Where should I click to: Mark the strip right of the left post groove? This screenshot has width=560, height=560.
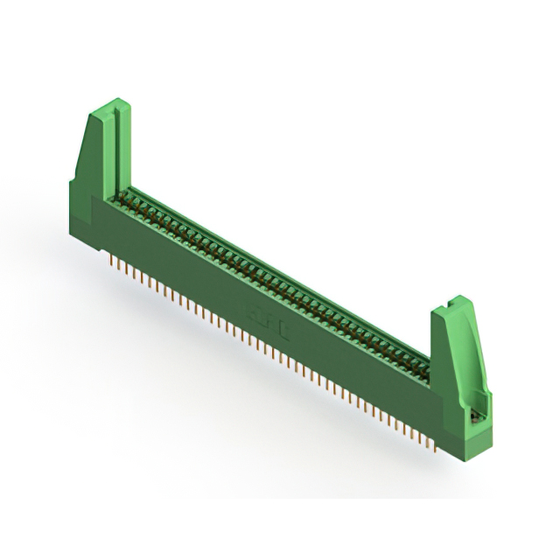(123, 149)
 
